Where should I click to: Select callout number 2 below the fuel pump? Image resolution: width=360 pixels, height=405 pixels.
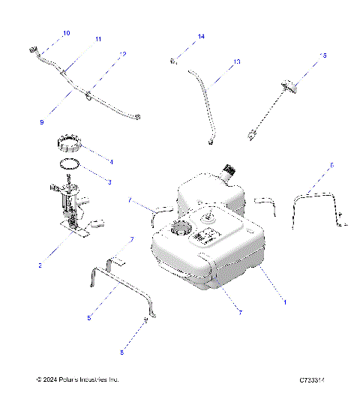click(41, 265)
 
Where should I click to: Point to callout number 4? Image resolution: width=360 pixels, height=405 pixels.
click(111, 160)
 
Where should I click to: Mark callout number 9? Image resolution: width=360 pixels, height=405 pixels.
click(42, 121)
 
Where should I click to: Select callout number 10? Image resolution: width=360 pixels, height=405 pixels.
click(66, 33)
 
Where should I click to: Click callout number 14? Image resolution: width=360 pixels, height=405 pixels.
click(201, 36)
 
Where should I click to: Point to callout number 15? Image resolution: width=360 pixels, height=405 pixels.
click(324, 55)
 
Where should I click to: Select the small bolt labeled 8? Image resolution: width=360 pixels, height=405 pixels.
click(143, 324)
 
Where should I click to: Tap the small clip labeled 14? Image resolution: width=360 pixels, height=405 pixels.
click(173, 59)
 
